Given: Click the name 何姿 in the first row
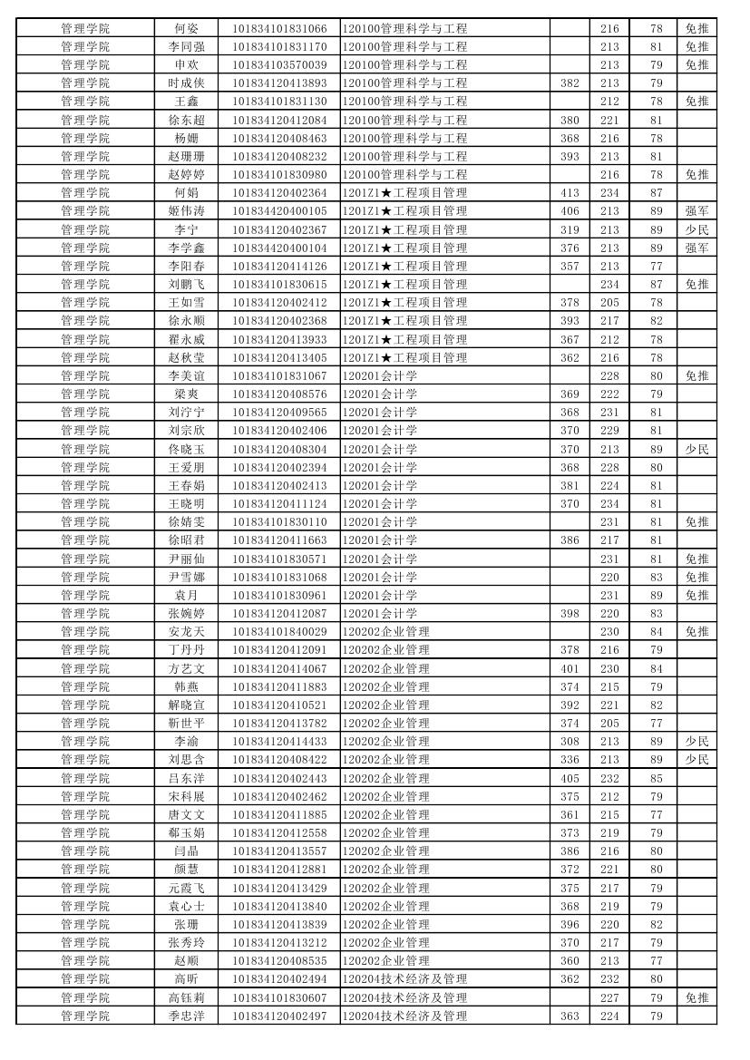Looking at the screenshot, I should click(186, 28).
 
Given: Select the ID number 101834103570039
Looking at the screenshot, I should click(279, 64).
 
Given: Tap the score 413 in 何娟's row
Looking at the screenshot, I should click(570, 192).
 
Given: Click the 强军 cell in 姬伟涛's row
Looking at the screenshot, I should click(696, 210).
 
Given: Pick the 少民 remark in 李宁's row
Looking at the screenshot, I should click(696, 229).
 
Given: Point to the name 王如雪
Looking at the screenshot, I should click(186, 302).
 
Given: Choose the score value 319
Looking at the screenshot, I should click(570, 229).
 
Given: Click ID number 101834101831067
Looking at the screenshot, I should click(279, 375).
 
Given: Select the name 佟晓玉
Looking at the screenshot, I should click(186, 449).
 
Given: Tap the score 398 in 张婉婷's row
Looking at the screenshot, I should click(570, 613).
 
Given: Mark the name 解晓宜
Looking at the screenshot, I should click(186, 705).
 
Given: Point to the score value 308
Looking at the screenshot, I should click(570, 741).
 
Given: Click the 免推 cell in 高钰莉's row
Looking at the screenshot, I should click(696, 997).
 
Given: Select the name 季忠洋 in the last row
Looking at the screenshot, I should click(186, 1016).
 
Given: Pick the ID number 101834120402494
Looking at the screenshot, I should click(279, 978).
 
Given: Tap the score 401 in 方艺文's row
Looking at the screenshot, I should click(570, 668).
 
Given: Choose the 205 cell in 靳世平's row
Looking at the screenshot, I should click(609, 723).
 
